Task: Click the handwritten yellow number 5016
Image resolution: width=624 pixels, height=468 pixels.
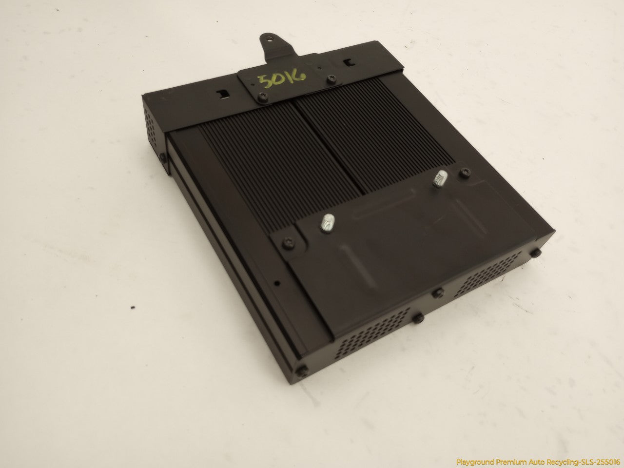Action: (281, 78)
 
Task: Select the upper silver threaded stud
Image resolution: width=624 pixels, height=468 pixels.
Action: (440, 178)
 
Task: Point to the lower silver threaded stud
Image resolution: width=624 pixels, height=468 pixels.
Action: (328, 223)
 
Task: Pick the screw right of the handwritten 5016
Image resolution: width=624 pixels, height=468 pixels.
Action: (331, 79)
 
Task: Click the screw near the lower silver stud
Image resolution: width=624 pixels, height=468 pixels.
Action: (289, 242)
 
